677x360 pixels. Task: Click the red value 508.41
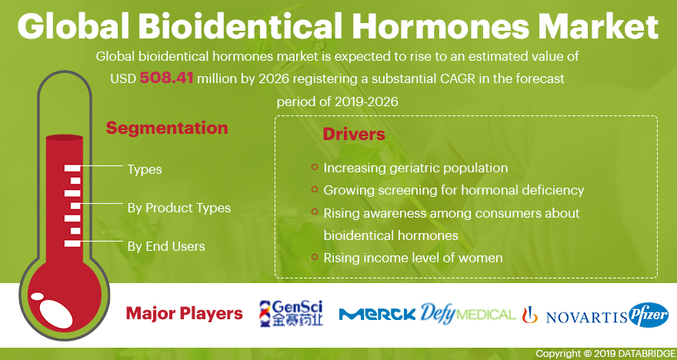pos(166,78)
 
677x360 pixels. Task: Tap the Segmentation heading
pos(167,128)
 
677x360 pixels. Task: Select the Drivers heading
pos(354,135)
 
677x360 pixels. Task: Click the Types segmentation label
pos(145,170)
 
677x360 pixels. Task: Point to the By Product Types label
pos(179,208)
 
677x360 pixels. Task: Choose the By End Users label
pos(166,246)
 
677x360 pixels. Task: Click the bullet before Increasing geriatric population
pos(315,167)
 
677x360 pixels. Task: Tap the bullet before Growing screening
pos(315,189)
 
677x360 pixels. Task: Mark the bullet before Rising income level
pos(315,257)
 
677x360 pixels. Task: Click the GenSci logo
pos(291,313)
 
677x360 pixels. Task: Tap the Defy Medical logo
pos(468,314)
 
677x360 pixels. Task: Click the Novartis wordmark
pos(586,317)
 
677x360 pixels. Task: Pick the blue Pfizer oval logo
pos(649,315)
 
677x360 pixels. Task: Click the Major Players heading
pos(185,314)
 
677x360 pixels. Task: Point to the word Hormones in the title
pos(440,25)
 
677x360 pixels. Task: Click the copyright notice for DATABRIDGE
pos(605,354)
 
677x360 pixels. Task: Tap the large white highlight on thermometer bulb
pos(56,313)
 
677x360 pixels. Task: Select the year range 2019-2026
pos(365,102)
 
